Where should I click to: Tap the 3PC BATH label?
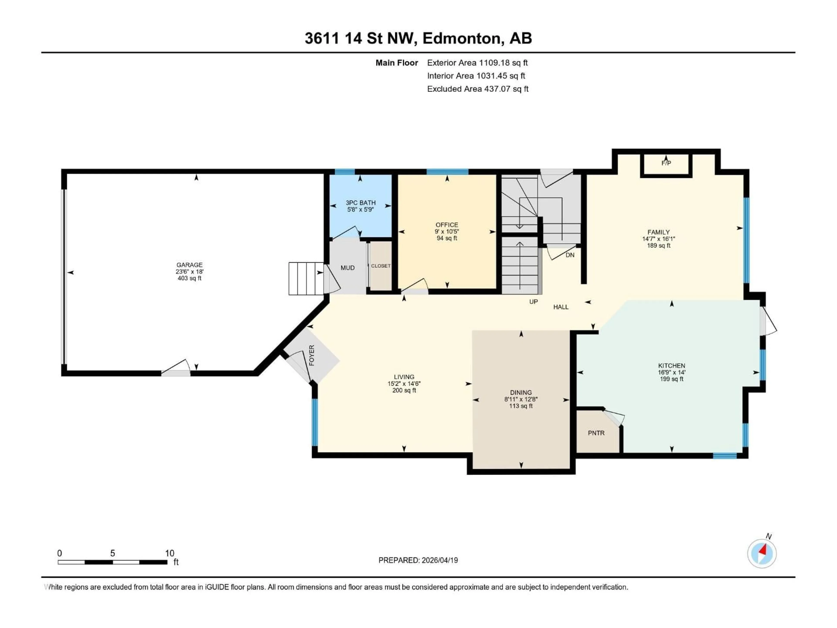click(360, 203)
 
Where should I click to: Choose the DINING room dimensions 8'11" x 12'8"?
click(521, 399)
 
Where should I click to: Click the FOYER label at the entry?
click(312, 355)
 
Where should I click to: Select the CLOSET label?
click(380, 266)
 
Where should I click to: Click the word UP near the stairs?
click(533, 302)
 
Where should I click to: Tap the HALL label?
click(561, 307)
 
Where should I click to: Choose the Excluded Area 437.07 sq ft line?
click(478, 89)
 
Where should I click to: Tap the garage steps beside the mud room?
click(306, 279)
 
